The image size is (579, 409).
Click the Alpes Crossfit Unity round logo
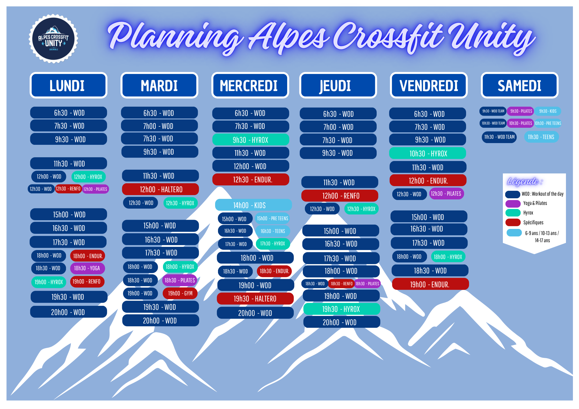click(53, 39)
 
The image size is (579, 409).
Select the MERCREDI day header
click(250, 85)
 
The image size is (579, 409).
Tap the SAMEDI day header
click(520, 85)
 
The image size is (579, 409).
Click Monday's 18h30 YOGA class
click(87, 268)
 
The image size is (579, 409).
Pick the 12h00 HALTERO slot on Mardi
click(160, 189)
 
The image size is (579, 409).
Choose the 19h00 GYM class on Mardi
click(180, 293)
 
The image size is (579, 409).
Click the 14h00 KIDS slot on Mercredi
click(253, 205)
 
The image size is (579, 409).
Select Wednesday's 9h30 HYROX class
click(251, 140)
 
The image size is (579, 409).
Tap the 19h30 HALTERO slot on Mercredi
click(255, 299)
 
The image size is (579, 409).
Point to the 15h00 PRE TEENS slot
click(272, 219)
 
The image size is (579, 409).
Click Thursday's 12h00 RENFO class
click(340, 196)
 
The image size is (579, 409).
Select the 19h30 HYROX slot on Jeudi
click(342, 309)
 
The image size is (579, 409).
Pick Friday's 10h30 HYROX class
click(428, 153)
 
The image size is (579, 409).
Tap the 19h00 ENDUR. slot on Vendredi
click(430, 284)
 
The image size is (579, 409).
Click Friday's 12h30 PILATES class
click(446, 194)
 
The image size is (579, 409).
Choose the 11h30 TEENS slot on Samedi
click(541, 137)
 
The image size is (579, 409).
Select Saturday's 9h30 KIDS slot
click(548, 111)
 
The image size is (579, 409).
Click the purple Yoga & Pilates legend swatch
click(513, 203)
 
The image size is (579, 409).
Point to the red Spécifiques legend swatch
click(513, 222)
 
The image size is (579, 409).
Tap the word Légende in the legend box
click(523, 182)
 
